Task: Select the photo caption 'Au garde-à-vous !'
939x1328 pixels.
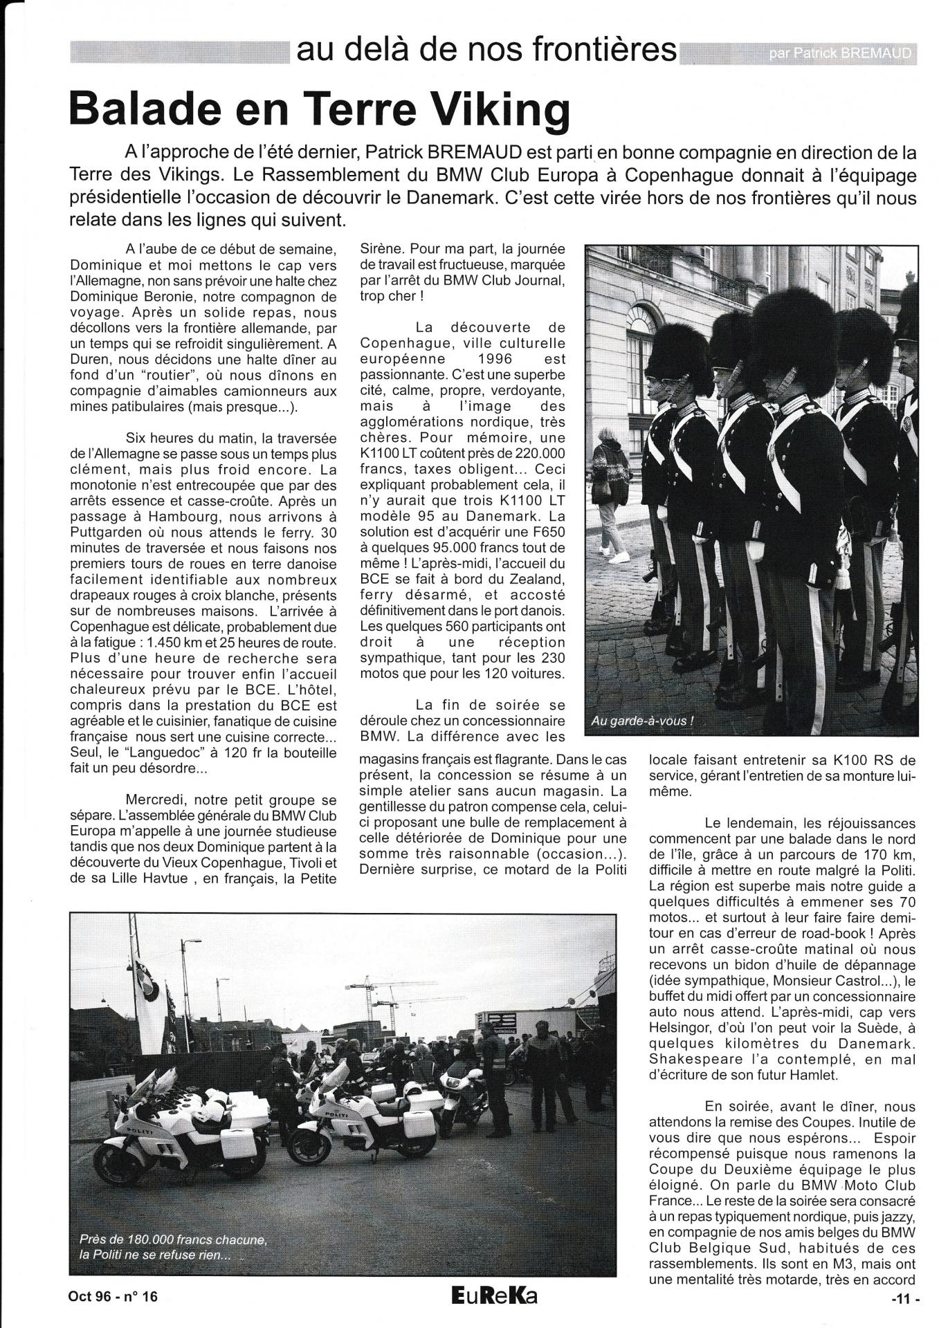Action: [641, 721]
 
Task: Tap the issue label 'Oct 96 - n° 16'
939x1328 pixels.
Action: [113, 1297]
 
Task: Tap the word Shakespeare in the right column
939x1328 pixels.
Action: [693, 1058]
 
